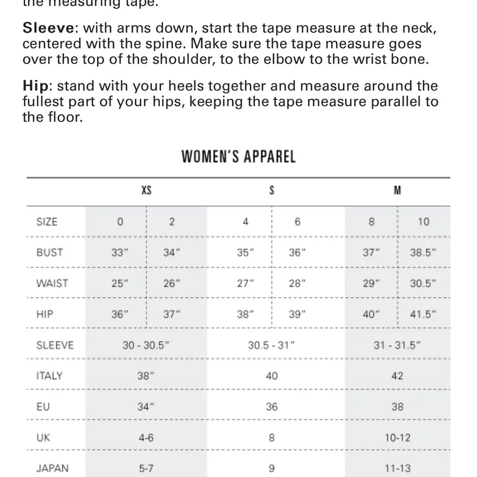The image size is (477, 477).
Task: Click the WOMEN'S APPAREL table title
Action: pos(238,156)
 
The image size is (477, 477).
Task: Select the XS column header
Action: pos(146,191)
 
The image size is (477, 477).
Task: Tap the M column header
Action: pos(397,191)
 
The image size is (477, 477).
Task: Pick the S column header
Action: pos(271,191)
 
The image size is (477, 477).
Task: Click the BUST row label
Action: pos(50,252)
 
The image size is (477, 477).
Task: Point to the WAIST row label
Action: pos(52,283)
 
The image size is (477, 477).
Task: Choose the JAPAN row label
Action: pos(52,468)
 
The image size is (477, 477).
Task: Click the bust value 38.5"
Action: pos(424,253)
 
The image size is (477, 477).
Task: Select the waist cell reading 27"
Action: pos(246,283)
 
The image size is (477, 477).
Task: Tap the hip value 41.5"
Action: pos(424,314)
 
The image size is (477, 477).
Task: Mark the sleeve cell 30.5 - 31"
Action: pos(271,345)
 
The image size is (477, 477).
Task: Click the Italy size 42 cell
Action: pos(397,376)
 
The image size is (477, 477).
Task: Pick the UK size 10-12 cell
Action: pos(397,438)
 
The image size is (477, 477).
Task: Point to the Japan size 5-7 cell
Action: pos(146,468)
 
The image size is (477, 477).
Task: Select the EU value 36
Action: pos(271,407)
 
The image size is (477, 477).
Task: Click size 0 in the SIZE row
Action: pos(120,222)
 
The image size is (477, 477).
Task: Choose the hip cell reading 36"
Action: pos(120,314)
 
